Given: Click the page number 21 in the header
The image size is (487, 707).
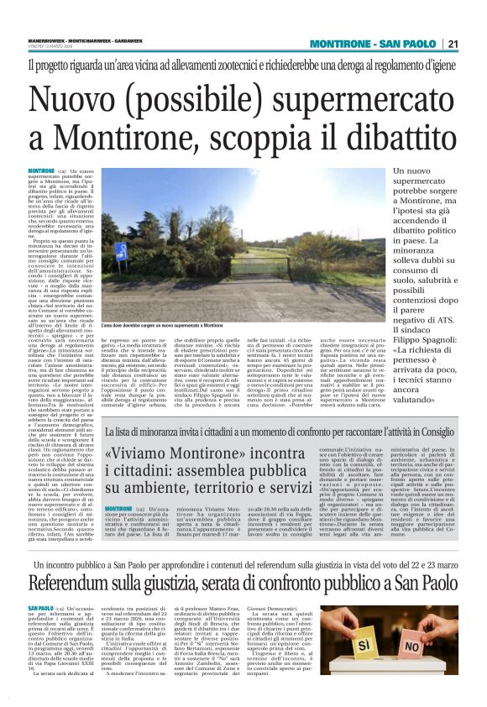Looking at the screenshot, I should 452,45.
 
